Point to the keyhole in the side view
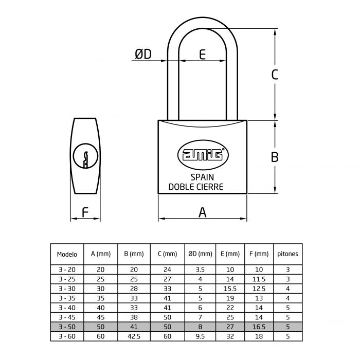85,156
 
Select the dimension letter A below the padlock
203,211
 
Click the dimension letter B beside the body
275,157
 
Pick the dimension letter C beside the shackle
275,75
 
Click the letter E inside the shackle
203,55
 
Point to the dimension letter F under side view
85,211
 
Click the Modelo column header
67,254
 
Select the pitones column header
287,254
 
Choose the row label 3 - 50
67,327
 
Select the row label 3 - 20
67,269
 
